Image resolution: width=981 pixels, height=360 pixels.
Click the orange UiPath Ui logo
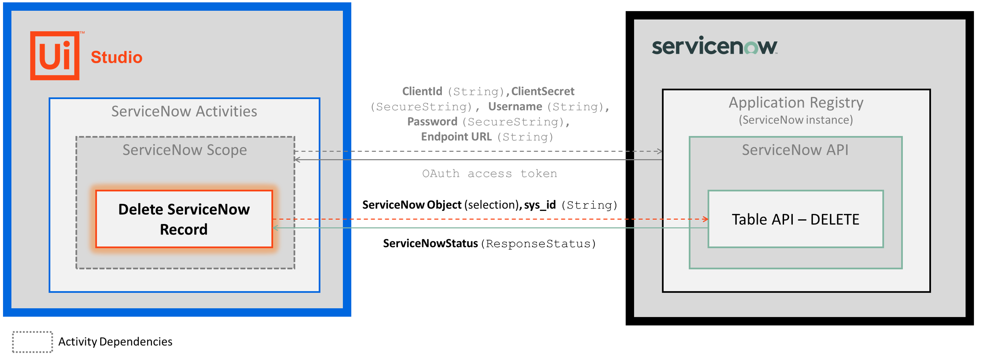tap(55, 56)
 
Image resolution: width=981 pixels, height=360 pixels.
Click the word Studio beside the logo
tap(117, 57)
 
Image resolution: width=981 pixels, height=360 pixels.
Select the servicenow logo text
tap(714, 46)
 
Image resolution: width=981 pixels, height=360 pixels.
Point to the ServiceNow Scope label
tap(184, 150)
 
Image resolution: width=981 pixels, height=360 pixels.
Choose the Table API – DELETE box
tap(795, 219)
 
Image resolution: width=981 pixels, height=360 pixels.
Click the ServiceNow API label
tap(795, 150)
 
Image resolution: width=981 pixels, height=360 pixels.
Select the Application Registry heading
tap(796, 102)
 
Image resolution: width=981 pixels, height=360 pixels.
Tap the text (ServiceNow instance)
tap(796, 120)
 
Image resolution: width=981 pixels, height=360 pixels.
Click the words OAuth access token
tap(489, 174)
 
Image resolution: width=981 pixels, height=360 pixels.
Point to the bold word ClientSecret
tap(542, 91)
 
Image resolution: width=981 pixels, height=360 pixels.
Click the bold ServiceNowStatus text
tap(430, 243)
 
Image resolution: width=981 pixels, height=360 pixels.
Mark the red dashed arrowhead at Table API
tap(706, 219)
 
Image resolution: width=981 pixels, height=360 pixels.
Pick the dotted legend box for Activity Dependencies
tap(32, 342)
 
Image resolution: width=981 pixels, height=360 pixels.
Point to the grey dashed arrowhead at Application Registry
tap(660, 151)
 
